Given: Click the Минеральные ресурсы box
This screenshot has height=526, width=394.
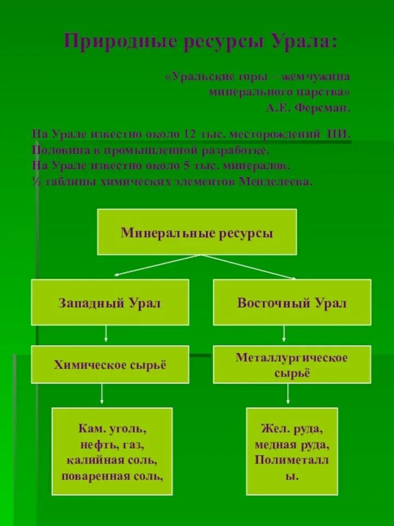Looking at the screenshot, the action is click(197, 232).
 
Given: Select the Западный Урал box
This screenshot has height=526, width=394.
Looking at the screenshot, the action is click(110, 302).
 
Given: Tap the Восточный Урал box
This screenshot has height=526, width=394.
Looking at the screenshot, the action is click(292, 302).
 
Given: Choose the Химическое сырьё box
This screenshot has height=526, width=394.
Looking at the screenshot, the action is click(110, 364).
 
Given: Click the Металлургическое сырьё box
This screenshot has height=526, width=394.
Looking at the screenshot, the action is click(292, 364).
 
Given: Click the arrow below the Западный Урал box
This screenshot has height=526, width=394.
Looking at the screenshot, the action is click(106, 335).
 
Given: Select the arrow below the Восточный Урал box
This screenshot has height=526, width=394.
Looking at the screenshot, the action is click(283, 335).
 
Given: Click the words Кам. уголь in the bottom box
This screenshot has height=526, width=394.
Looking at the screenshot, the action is click(112, 427).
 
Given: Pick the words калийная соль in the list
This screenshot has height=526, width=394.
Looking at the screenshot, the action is click(112, 459).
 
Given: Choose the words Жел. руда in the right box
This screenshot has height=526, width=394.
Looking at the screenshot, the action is click(292, 428).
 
